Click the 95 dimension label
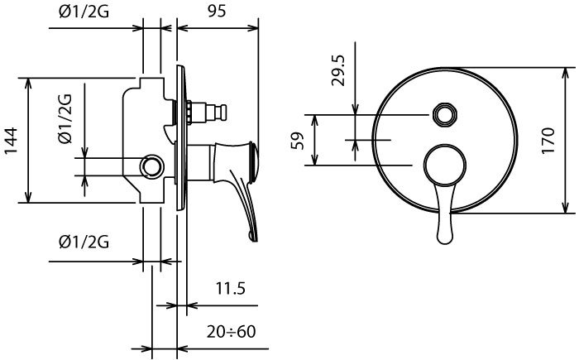(217, 11)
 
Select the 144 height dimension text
(10, 142)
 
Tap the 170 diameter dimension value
(548, 140)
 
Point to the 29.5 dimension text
(337, 70)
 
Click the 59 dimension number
(297, 141)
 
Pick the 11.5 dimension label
(231, 288)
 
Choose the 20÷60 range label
(231, 332)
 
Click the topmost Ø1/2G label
(84, 12)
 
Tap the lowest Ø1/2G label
(84, 242)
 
